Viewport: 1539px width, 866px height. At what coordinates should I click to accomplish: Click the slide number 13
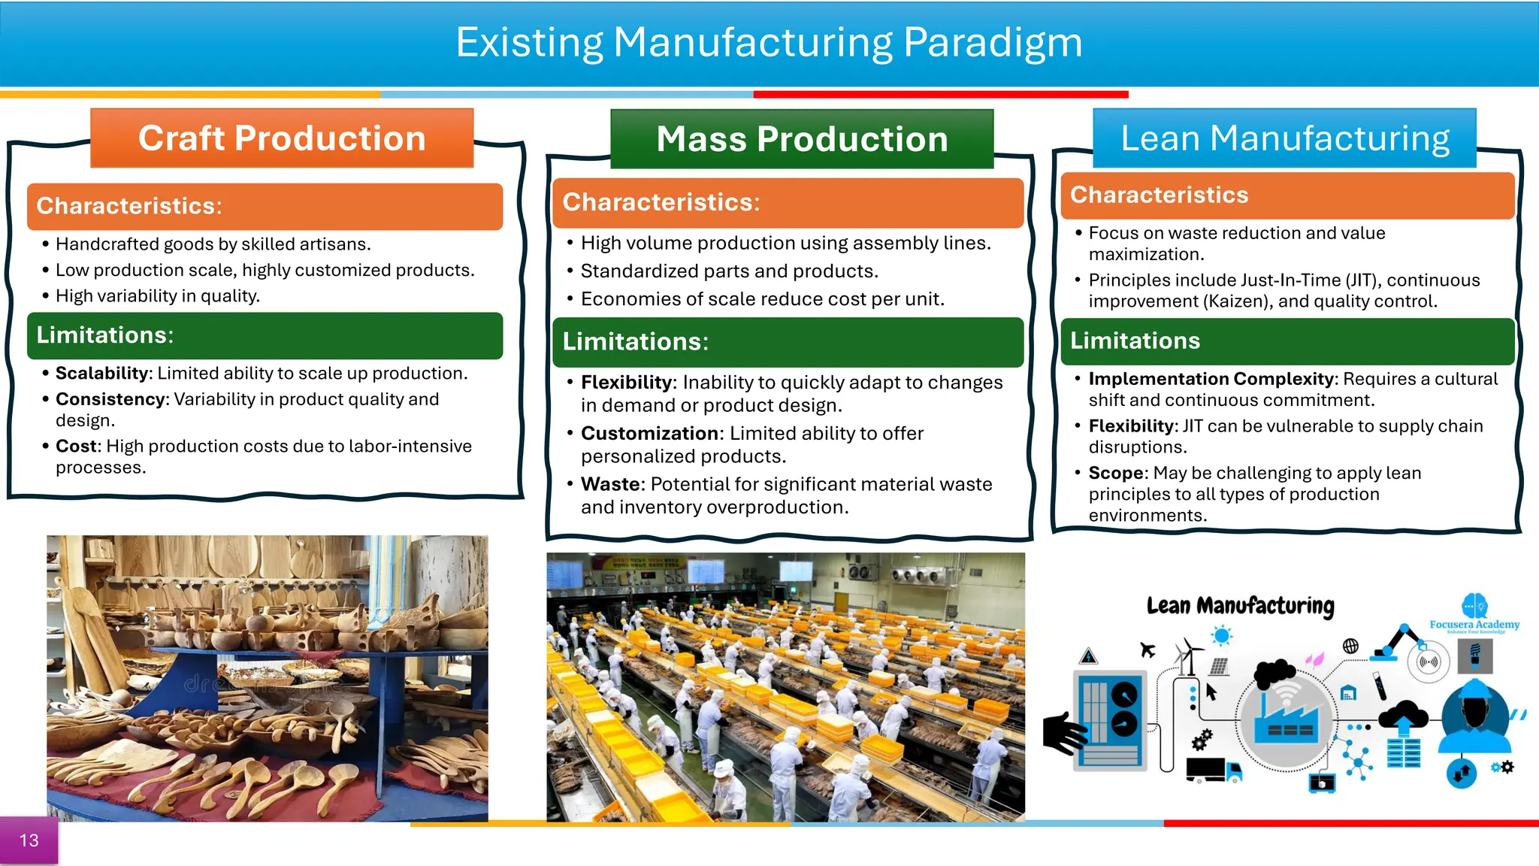(29, 840)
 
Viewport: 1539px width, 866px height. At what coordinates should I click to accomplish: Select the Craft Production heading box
(282, 138)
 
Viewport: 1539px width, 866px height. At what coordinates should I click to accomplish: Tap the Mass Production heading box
(802, 139)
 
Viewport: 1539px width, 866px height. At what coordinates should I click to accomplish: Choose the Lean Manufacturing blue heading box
(1284, 138)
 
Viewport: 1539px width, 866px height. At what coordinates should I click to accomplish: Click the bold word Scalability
(103, 374)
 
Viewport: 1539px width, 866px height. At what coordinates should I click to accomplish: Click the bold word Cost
(76, 447)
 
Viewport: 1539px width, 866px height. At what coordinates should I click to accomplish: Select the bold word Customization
(650, 434)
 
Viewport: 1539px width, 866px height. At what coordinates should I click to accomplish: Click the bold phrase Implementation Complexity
(1211, 379)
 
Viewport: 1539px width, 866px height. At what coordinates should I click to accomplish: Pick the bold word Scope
(1116, 474)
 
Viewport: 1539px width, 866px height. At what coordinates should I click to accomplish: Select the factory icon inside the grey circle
(1286, 719)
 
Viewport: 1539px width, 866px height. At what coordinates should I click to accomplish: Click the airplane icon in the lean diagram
(1147, 649)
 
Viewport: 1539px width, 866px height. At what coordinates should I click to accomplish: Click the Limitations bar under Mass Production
(788, 342)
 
